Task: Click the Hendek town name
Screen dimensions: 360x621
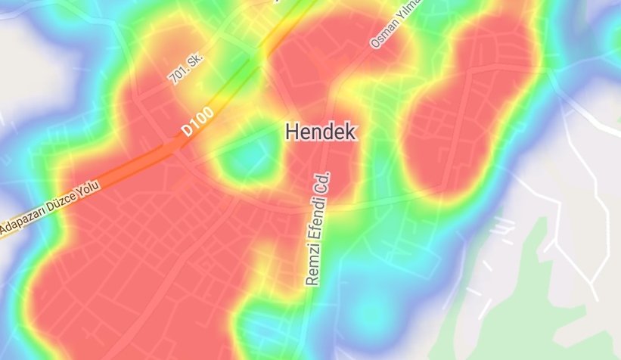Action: tap(321, 132)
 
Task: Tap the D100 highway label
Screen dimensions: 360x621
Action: tap(197, 122)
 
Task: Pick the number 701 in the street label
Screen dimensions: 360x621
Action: tap(177, 74)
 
